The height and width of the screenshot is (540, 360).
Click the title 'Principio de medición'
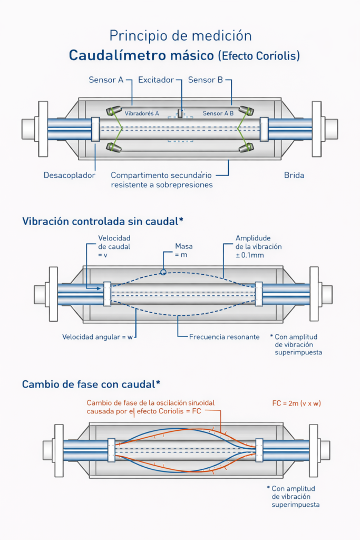[x=180, y=35]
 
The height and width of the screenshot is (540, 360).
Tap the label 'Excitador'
[x=155, y=80]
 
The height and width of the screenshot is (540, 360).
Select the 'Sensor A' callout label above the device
[x=105, y=80]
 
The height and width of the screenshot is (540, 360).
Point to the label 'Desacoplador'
[x=69, y=175]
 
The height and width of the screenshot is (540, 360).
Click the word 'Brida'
[x=294, y=175]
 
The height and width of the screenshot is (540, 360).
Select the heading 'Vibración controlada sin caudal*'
[x=103, y=221]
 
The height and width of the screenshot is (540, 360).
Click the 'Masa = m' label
[x=184, y=250]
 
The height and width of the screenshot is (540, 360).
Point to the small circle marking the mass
[x=163, y=272]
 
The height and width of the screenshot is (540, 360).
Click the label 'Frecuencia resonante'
[x=224, y=336]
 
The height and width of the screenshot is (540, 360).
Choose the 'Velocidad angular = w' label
[x=98, y=336]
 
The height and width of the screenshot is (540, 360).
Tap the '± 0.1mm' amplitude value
[x=250, y=255]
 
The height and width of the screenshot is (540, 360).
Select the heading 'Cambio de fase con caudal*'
[x=91, y=384]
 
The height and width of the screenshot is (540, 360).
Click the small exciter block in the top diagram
[x=180, y=113]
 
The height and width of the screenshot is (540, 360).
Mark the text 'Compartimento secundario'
[x=161, y=175]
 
